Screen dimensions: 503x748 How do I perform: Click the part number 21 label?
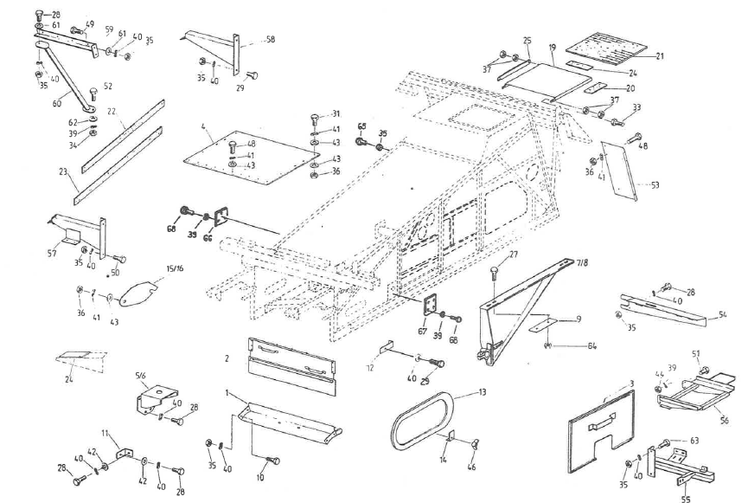click(x=659, y=57)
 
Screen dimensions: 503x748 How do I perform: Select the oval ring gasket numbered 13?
click(x=424, y=422)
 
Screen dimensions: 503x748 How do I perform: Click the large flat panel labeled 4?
click(x=251, y=158)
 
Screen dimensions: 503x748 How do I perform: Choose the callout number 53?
click(x=654, y=184)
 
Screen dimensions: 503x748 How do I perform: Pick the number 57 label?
click(x=53, y=254)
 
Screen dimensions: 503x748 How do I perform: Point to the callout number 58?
click(x=270, y=40)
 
